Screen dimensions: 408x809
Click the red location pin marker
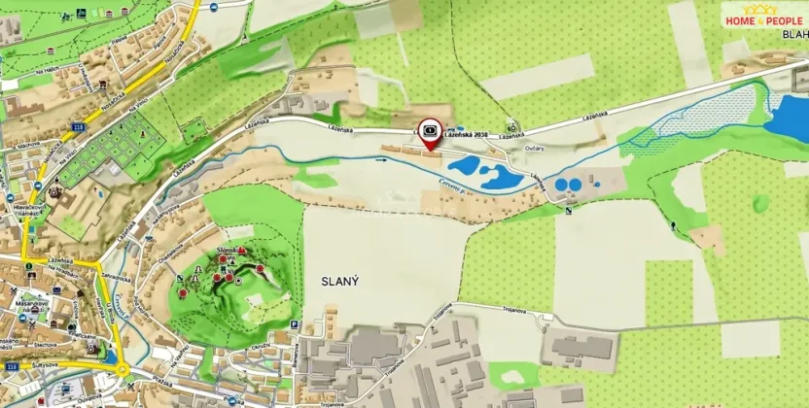click(430, 133)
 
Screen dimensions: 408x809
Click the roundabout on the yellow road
click(123, 368)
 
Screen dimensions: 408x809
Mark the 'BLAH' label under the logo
click(793, 33)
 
